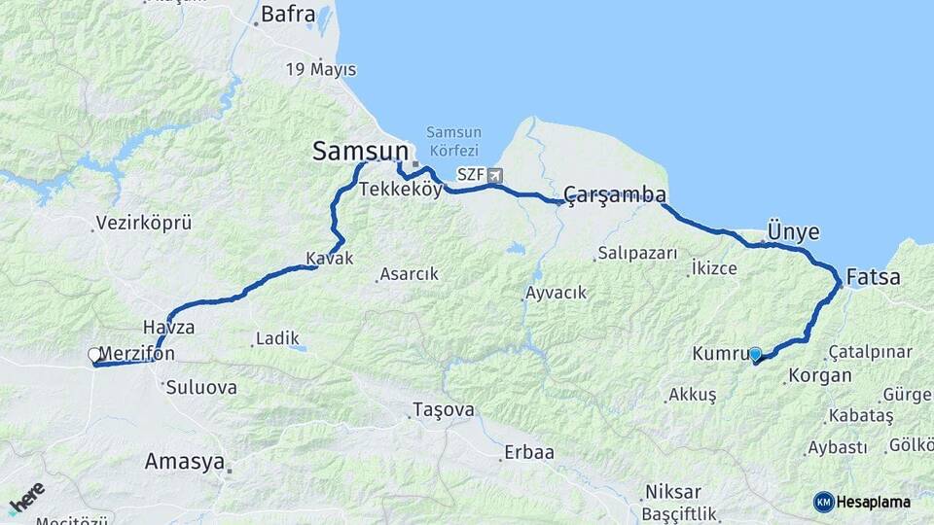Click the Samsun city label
[360, 151]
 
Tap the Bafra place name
[287, 15]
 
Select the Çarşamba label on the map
[615, 195]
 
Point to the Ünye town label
[793, 232]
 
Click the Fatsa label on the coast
[873, 277]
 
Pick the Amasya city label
[184, 462]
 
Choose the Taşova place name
[444, 410]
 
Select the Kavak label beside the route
[329, 259]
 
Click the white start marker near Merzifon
[94, 356]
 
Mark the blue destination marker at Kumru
[754, 354]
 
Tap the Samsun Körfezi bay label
[452, 140]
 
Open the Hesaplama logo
[862, 502]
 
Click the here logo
[26, 497]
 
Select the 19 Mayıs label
[321, 70]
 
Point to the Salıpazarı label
[637, 254]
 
